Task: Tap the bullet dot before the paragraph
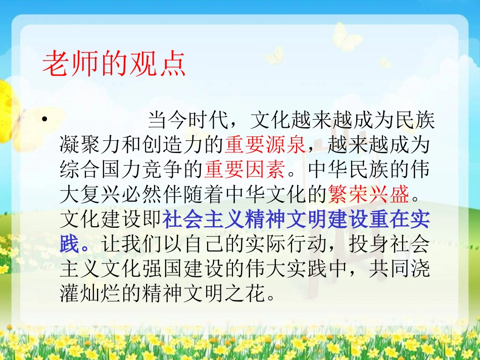point(45,120)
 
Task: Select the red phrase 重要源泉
point(265,145)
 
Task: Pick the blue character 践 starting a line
point(70,244)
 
